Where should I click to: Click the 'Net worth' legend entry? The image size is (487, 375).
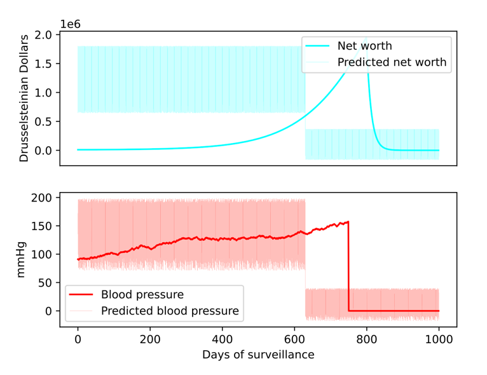tap(364, 46)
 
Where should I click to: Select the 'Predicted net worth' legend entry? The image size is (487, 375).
tap(392, 62)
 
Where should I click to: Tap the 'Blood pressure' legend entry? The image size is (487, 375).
tap(142, 294)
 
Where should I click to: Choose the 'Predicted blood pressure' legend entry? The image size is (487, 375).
tap(170, 311)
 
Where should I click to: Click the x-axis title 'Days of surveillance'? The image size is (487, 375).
tap(258, 355)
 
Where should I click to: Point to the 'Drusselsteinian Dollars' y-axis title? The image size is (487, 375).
tap(24, 99)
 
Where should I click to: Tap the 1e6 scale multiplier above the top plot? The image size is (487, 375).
tap(74, 24)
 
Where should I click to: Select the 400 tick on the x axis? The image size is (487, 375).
tap(222, 338)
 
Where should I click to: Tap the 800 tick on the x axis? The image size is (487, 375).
tap(366, 338)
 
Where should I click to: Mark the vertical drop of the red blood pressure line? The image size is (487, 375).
tap(348, 267)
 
